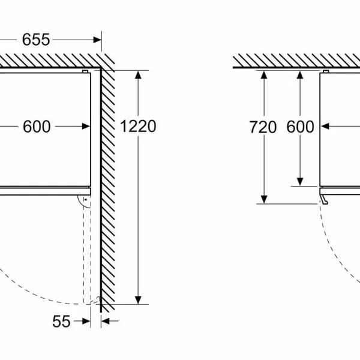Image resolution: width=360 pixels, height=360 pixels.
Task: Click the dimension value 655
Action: [x=36, y=40]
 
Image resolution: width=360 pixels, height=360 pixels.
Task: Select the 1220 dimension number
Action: [x=138, y=126]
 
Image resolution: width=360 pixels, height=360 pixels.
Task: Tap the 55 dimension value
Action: [x=61, y=322]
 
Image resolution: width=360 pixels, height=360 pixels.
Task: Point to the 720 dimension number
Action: [x=263, y=127]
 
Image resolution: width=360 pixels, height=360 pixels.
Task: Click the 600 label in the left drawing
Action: [x=37, y=127]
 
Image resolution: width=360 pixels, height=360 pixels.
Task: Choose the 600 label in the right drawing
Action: [x=300, y=127]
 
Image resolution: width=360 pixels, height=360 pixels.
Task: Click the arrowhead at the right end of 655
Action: [x=97, y=40]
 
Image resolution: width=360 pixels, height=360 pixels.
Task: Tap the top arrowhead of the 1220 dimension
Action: [x=138, y=75]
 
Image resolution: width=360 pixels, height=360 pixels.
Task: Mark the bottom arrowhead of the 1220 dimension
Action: [x=138, y=300]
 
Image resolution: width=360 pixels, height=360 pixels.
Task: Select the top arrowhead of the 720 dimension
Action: [x=264, y=75]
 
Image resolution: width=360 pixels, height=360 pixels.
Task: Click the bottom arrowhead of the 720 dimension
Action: [x=264, y=199]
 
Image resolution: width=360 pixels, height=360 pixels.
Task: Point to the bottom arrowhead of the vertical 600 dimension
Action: [x=300, y=182]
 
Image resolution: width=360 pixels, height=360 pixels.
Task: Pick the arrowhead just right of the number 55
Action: [x=86, y=321]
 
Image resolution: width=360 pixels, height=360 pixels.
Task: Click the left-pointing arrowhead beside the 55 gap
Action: [x=105, y=321]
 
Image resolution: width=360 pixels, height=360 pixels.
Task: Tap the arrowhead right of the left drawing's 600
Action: [x=86, y=126]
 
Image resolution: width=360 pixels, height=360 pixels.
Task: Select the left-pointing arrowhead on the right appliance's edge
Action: [x=325, y=126]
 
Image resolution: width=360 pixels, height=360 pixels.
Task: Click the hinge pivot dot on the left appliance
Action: [x=86, y=200]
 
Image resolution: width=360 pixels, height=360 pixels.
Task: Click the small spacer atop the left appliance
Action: [x=85, y=71]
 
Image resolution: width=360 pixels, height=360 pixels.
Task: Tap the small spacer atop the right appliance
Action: [x=326, y=71]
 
